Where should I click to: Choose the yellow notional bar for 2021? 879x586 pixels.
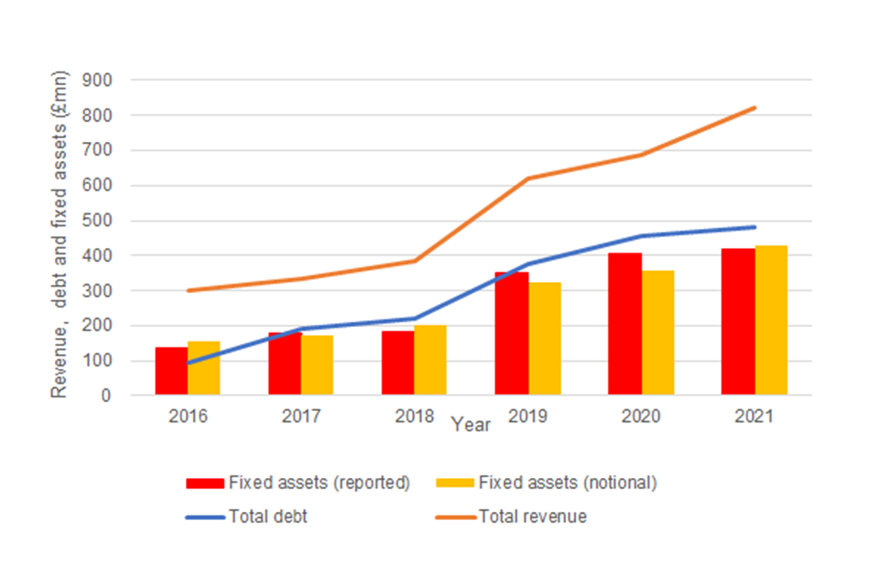coord(771,320)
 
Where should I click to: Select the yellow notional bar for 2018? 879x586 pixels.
coord(430,361)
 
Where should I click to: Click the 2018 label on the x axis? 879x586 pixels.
coord(415,417)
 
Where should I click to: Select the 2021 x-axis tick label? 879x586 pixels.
coord(754,417)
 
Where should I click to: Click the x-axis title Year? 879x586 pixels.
coord(471,426)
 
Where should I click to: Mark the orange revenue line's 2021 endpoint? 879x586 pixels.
coord(754,108)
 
